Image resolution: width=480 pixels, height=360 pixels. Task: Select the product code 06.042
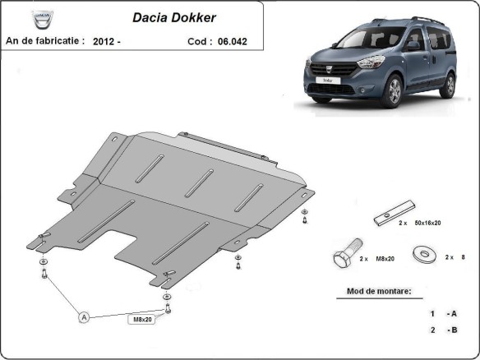coord(233,39)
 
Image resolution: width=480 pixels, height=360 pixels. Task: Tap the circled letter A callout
coord(83,316)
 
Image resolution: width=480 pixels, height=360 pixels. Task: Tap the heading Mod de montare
coord(374,292)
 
